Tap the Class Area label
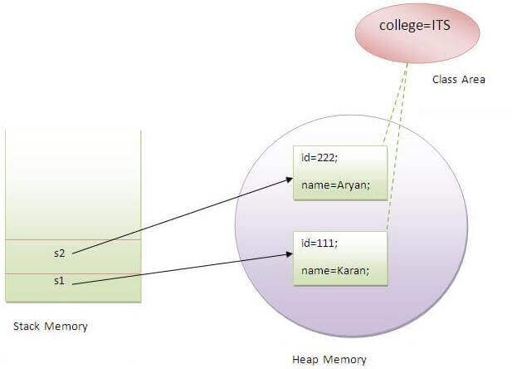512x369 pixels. coord(459,80)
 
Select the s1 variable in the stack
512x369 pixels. coord(58,281)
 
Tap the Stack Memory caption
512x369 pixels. coord(51,326)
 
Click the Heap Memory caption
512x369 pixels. coord(329,359)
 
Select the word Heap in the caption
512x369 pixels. coord(307,359)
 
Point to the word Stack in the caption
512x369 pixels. coord(27,326)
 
